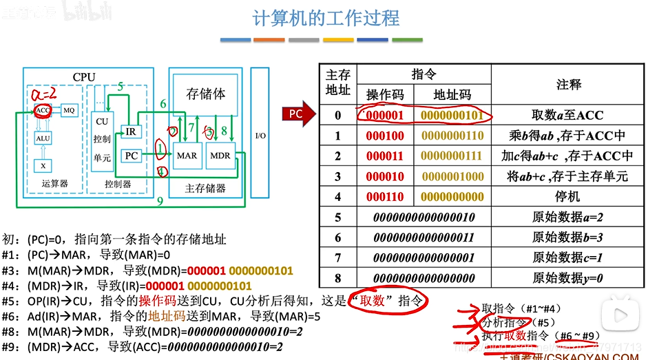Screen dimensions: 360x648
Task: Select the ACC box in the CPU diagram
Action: pos(43,110)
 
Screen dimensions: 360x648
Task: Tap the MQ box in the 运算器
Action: pos(69,110)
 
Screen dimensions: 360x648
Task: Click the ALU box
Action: pos(43,138)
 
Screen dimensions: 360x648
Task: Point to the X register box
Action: pos(43,166)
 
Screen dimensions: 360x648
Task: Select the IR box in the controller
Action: pos(131,131)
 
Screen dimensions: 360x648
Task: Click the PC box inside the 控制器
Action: pos(132,156)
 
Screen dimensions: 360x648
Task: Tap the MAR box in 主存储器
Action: pos(187,156)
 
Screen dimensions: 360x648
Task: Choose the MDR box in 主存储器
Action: pos(220,156)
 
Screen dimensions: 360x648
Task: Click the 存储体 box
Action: pos(205,94)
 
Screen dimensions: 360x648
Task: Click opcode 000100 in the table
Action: pos(385,136)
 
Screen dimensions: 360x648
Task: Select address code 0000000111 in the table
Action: pos(452,156)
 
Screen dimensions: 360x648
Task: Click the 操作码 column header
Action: pos(385,95)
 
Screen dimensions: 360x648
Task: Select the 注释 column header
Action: pos(567,85)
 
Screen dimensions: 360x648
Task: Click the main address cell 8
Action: pos(338,278)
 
